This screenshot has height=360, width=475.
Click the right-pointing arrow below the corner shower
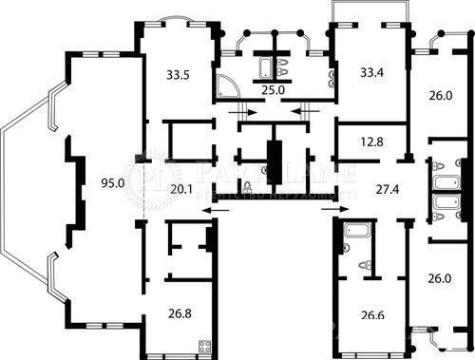(x=240, y=112)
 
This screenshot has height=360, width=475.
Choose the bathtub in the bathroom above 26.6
(x=358, y=231)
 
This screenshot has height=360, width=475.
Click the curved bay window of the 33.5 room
(x=175, y=19)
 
